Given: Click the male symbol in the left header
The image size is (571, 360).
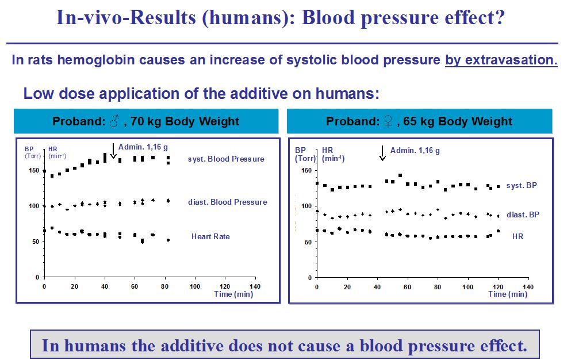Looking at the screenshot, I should point(114,121).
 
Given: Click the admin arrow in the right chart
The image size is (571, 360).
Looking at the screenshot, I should point(382,153).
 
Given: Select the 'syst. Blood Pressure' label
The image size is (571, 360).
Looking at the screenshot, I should point(226,159).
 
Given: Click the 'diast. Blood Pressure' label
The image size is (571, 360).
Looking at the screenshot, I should point(227,202).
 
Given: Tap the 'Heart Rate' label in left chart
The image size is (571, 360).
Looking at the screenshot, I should point(210,236).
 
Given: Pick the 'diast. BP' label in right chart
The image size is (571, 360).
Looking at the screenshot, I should point(522,215).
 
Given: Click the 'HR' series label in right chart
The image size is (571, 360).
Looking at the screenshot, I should point(518,236).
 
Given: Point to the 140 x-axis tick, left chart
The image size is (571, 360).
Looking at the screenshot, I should point(255,286).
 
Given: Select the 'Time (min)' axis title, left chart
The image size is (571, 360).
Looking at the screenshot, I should point(233,294).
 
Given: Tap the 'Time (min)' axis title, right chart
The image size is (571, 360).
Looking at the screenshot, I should point(507,294).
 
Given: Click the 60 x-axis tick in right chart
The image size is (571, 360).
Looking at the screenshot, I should point(407,286).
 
